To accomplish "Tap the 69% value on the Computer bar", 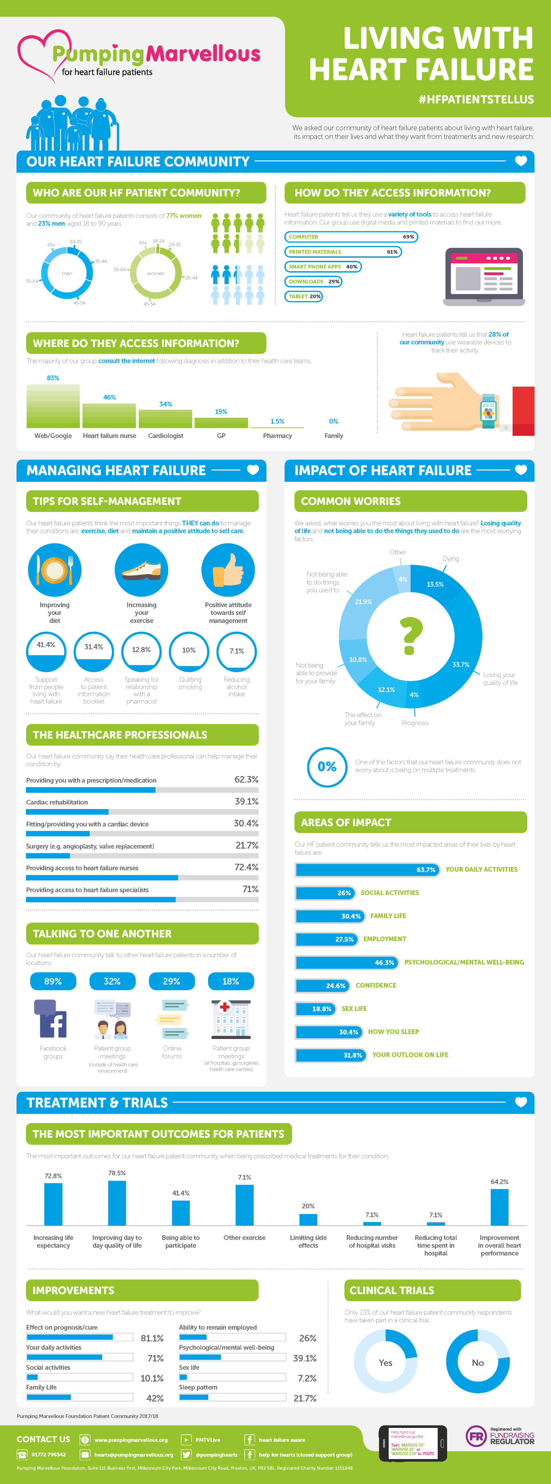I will [x=408, y=237].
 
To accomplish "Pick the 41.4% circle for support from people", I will [x=46, y=651].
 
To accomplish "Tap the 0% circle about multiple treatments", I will [x=327, y=767].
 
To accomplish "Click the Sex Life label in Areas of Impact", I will [x=354, y=1009].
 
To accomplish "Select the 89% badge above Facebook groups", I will [x=53, y=981].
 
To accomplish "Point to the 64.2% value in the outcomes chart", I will [x=499, y=1182].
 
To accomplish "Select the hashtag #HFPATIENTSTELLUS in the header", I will [x=476, y=99].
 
